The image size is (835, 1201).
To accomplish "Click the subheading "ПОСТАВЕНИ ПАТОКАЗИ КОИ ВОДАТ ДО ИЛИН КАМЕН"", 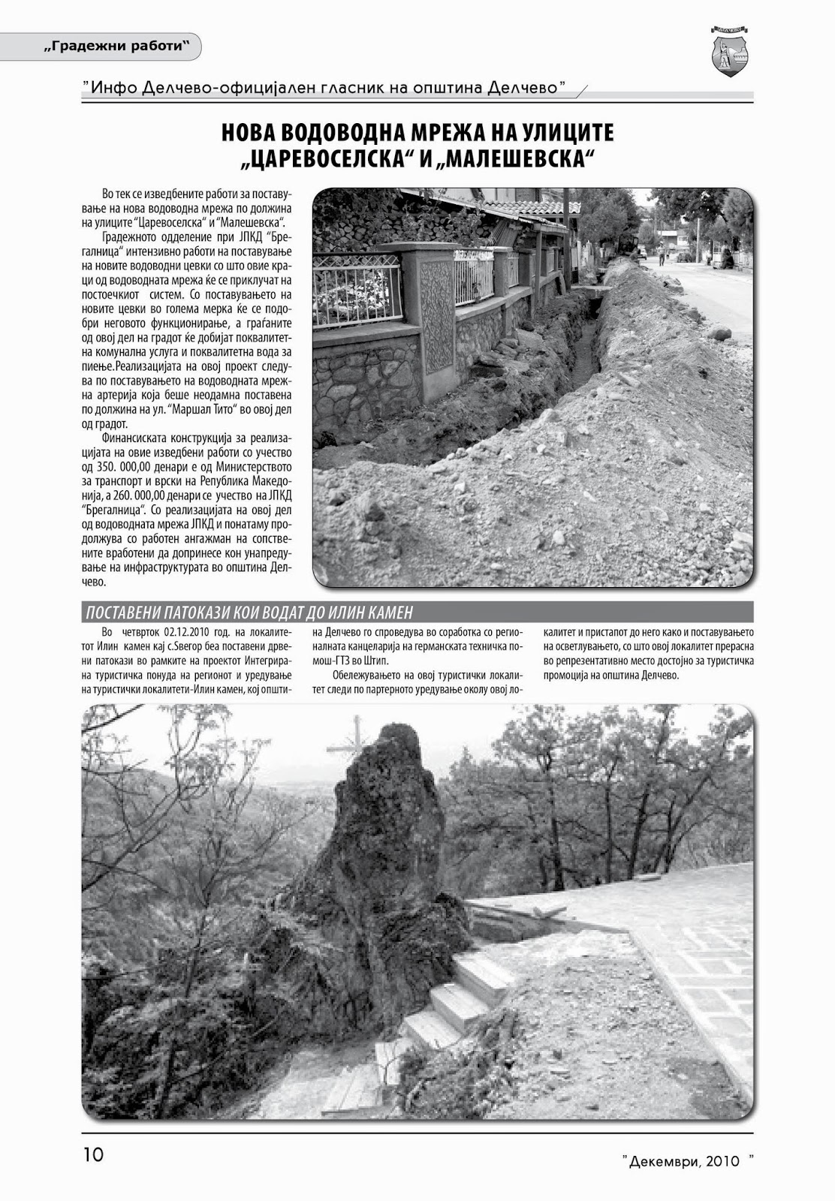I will [x=249, y=612].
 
